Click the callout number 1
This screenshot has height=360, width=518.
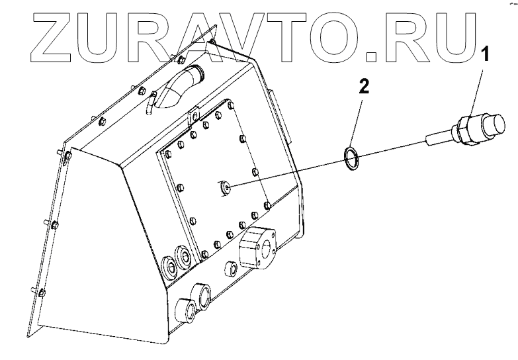click(487, 54)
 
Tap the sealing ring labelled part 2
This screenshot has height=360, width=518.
click(351, 157)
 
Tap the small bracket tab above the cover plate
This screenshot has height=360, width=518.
click(193, 116)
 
